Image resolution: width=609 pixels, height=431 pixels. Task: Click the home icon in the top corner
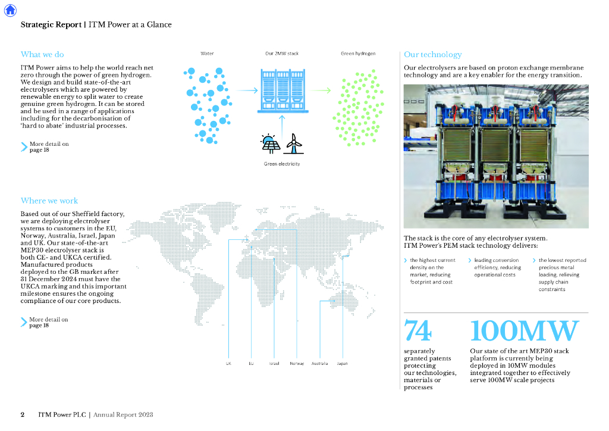coord(10,10)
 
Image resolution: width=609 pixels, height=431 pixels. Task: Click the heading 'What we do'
coord(42,55)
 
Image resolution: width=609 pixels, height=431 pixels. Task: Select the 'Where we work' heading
coord(49,201)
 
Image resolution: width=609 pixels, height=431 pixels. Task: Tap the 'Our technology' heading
coord(432,55)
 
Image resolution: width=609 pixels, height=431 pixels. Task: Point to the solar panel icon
coord(271,145)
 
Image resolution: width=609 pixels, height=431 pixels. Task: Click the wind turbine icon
coord(293,143)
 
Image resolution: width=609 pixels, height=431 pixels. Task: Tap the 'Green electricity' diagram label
coord(282,164)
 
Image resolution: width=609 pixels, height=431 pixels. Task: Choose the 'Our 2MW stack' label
coord(282,54)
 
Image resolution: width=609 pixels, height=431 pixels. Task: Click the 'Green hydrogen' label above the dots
coord(358,54)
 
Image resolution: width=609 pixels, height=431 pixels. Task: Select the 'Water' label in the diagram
coord(207,54)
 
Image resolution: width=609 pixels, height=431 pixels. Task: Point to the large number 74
coord(418,331)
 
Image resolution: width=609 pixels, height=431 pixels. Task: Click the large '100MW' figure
coord(524,331)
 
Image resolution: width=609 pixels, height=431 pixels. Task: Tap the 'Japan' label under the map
coord(342,363)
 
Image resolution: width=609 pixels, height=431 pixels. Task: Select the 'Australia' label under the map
coord(319,363)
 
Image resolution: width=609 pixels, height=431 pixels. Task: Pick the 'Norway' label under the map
coord(297,363)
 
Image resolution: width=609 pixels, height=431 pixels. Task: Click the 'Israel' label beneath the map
coord(274,363)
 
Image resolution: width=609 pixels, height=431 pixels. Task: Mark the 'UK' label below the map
coord(228,363)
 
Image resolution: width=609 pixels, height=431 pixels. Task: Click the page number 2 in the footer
coord(23,414)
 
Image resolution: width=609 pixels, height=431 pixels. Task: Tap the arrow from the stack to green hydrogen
coord(321,90)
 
